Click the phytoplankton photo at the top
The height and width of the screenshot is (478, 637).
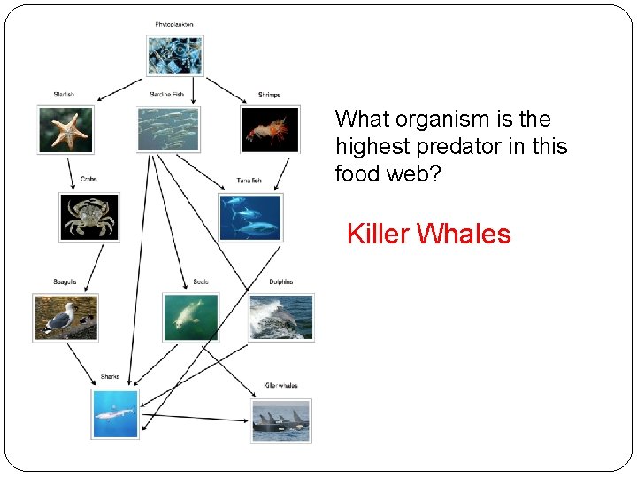(174, 56)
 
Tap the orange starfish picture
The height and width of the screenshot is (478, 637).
(65, 129)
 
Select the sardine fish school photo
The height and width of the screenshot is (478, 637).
(168, 129)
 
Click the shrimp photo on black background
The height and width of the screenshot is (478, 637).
(270, 129)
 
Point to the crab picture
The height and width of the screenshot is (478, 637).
(88, 217)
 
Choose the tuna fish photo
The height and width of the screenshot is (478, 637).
(250, 217)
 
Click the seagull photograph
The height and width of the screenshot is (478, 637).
(65, 317)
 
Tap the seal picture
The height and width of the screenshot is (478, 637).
(190, 317)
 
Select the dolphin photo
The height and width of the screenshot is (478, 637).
(280, 317)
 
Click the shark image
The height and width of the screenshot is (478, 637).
(115, 413)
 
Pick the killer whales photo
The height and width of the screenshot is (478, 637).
(280, 420)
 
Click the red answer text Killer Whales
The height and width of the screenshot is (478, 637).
(428, 235)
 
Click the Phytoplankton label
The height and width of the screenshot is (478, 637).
(174, 25)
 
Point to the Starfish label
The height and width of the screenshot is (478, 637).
(64, 95)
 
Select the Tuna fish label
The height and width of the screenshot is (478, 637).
(249, 181)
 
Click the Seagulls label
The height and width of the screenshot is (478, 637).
(65, 282)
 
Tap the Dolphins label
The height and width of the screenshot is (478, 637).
(280, 282)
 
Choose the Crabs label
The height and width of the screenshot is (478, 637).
(88, 180)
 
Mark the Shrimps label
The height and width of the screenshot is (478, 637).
(269, 95)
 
